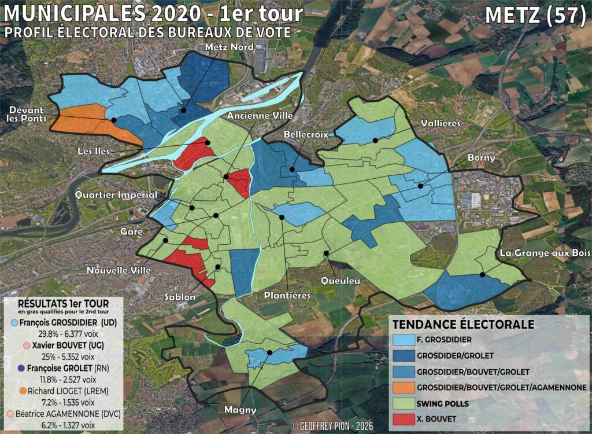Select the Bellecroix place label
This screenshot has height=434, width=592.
[306, 134]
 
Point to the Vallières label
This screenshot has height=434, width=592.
[441, 123]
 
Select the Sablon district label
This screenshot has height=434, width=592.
[178, 297]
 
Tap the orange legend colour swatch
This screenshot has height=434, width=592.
[403, 387]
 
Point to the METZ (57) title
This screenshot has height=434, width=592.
[535, 15]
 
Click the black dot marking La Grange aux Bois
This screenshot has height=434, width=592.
[482, 275]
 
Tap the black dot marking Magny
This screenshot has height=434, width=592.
[269, 352]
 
